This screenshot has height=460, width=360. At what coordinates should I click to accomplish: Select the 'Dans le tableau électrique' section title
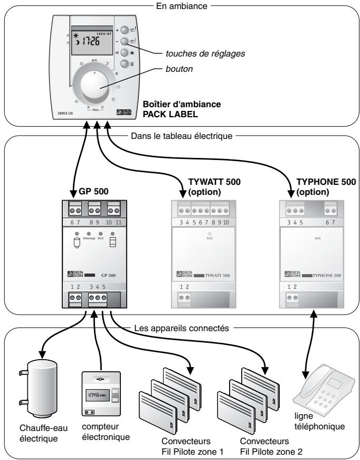[180, 135]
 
